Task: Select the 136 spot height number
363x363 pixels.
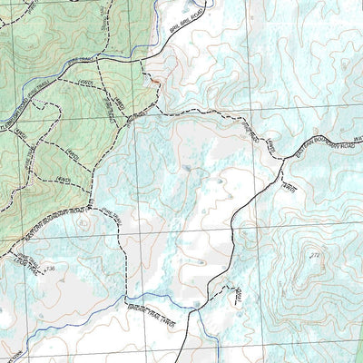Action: click(x=50, y=269)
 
